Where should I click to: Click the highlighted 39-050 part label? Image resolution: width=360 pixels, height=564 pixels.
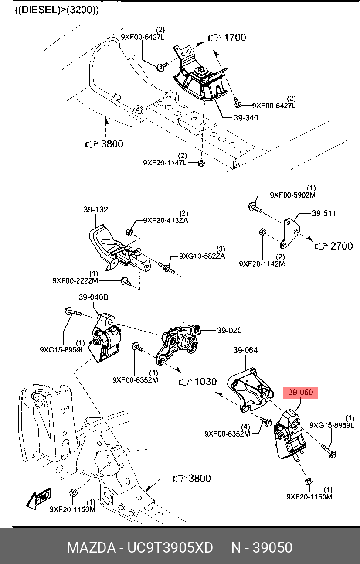click(x=300, y=393)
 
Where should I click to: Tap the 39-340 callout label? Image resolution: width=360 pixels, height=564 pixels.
click(x=246, y=118)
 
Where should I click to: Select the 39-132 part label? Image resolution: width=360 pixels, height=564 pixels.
click(x=95, y=209)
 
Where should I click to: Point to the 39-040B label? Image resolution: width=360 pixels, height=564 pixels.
click(x=93, y=297)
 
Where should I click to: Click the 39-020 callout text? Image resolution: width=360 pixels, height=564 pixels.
click(x=229, y=330)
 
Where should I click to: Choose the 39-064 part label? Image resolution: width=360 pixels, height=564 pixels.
click(x=245, y=350)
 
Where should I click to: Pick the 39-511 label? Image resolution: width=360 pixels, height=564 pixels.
click(x=324, y=213)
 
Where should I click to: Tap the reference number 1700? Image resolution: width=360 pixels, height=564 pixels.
click(x=235, y=38)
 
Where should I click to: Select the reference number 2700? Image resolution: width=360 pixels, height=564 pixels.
click(x=341, y=246)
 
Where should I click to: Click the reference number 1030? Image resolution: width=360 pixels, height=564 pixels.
click(x=206, y=382)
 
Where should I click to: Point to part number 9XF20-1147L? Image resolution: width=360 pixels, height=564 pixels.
click(x=165, y=163)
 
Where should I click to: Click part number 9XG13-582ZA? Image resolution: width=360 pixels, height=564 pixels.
click(x=202, y=256)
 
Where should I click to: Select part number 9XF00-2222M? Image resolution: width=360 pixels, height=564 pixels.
click(x=75, y=280)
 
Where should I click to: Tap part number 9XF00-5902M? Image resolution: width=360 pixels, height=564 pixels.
click(x=292, y=195)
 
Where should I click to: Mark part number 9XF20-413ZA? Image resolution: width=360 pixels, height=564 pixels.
click(x=166, y=220)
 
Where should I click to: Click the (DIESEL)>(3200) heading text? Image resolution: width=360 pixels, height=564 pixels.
click(x=57, y=10)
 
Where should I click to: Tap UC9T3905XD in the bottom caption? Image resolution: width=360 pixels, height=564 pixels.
click(x=170, y=547)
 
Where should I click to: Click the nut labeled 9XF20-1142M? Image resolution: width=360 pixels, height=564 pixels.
click(x=263, y=232)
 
